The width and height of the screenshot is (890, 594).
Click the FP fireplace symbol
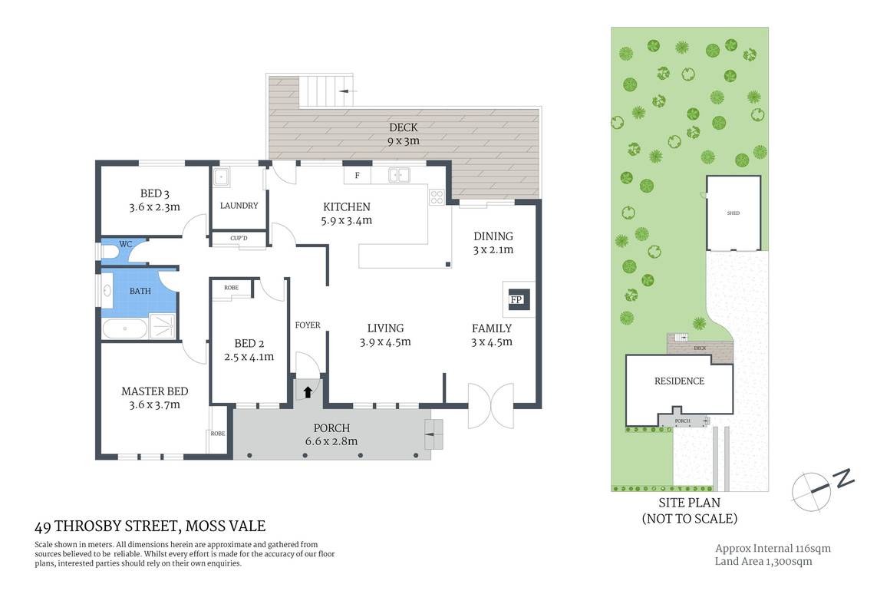[516, 299]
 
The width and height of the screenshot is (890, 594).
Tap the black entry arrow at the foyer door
[308, 392]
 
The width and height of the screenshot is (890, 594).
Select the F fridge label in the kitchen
[357, 176]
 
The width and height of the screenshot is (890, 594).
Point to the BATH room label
[140, 291]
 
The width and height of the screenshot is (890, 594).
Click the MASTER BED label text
[154, 391]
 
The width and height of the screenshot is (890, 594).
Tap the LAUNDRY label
[239, 206]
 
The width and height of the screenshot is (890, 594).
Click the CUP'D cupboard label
[239, 239]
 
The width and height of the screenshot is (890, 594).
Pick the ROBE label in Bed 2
[231, 287]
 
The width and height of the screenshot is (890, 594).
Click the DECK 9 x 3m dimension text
[403, 141]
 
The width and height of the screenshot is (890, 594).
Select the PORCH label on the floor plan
[332, 427]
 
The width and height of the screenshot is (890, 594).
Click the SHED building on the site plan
[733, 213]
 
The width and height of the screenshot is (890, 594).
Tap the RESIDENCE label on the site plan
[678, 381]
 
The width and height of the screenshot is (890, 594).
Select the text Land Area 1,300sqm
[763, 561]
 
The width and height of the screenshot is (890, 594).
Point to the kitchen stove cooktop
[437, 196]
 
